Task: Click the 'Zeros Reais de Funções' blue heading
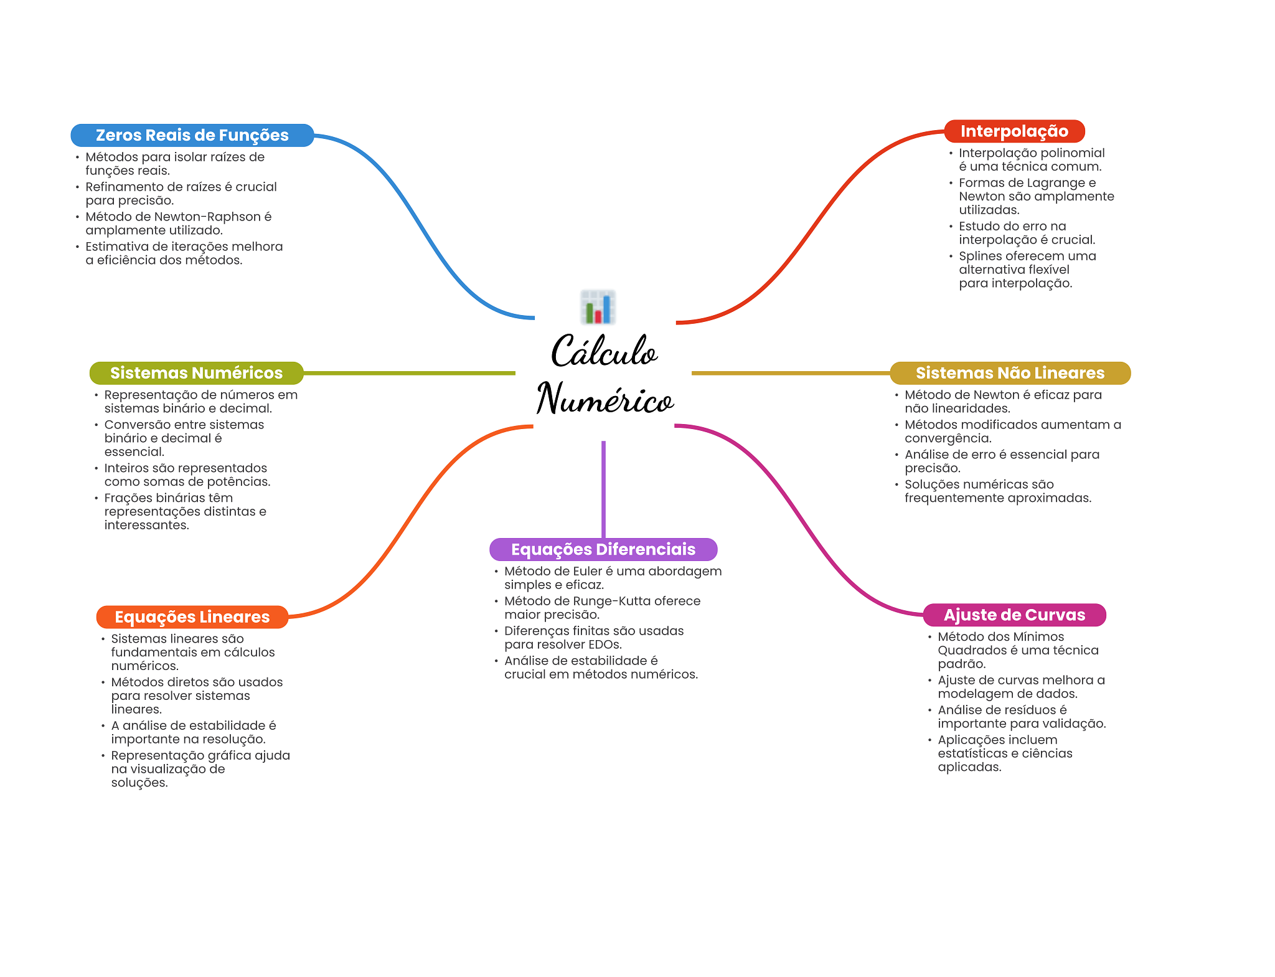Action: click(192, 135)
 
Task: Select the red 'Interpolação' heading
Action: click(1014, 131)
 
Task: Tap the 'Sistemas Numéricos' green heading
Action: click(196, 373)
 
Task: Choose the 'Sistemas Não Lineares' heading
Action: click(1010, 373)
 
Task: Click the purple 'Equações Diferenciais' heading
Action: click(603, 549)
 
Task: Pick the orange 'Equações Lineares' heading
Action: click(192, 617)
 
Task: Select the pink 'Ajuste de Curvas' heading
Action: click(1014, 615)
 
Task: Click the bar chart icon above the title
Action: click(598, 307)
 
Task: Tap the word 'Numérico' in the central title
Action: click(605, 399)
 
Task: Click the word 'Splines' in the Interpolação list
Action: click(980, 257)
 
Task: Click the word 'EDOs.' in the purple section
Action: click(605, 645)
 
